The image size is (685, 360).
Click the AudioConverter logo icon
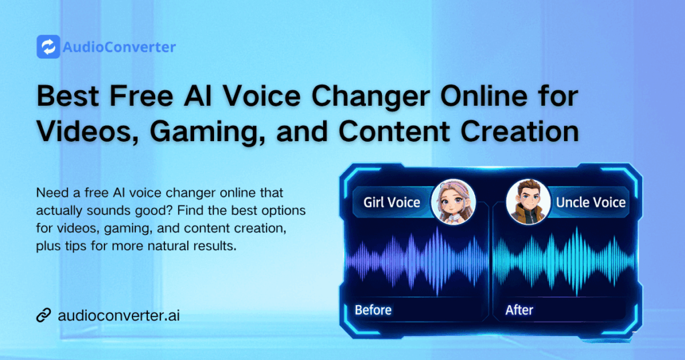tap(48, 47)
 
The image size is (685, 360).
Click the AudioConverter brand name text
tap(118, 48)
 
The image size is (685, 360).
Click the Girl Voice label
tap(391, 201)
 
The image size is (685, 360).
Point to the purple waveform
tap(419, 257)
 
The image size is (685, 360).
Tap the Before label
tap(373, 310)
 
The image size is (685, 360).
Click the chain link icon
tap(44, 314)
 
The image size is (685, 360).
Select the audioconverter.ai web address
tap(119, 314)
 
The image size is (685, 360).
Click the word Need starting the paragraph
tap(51, 193)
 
